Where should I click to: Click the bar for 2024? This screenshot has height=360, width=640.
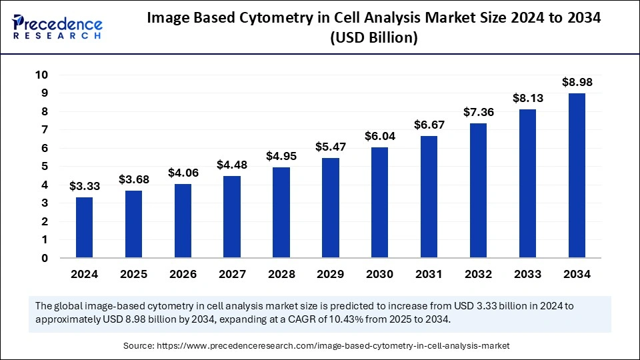85,227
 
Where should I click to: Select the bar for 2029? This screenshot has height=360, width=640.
331,207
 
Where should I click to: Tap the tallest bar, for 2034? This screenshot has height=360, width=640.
577,175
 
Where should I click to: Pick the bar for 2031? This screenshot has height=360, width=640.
429,197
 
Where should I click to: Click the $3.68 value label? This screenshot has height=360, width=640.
134,179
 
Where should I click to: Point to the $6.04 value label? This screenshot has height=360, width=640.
380,136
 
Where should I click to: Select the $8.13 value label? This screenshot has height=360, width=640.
527,98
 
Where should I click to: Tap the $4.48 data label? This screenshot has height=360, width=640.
232,165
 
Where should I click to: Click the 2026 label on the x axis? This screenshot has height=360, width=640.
183,274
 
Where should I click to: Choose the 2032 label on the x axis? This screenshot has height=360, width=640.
478,274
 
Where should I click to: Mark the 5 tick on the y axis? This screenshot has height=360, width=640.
45,167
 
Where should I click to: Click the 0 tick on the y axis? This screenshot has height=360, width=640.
45,258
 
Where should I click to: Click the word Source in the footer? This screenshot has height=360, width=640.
139,345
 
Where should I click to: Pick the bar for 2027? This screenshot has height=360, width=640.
232,217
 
